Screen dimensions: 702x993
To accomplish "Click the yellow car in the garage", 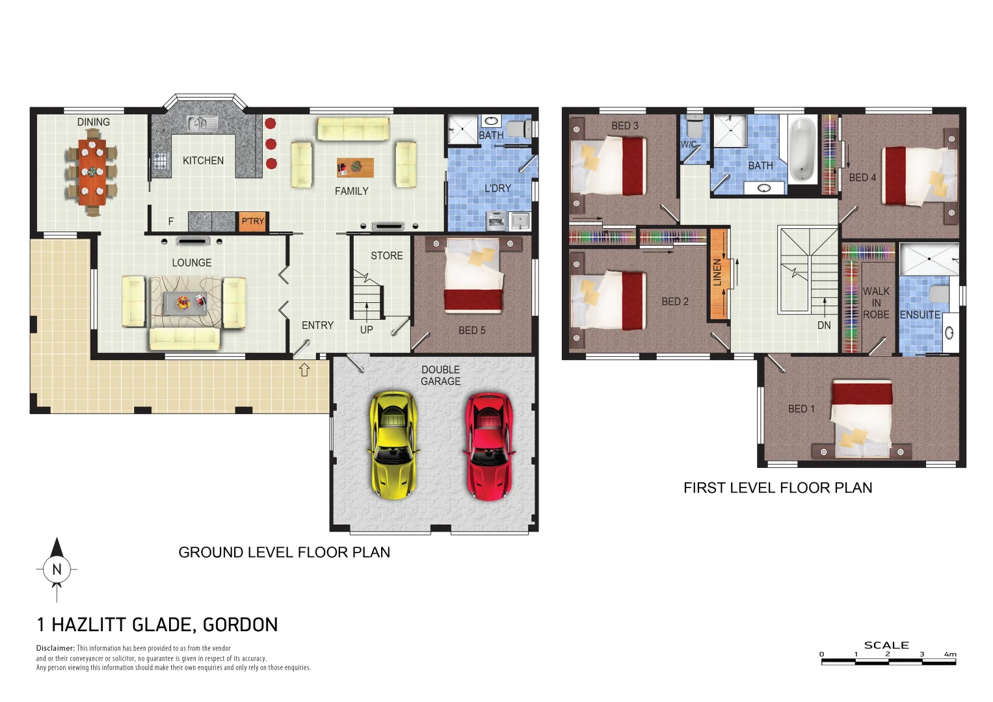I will (x=392, y=445).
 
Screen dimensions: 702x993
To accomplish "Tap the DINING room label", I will (x=93, y=122).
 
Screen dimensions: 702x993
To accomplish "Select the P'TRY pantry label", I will (x=253, y=221).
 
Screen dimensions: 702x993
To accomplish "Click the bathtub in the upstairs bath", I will (x=802, y=149).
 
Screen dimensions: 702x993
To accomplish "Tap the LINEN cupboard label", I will (x=717, y=272).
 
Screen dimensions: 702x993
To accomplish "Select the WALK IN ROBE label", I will (x=875, y=303).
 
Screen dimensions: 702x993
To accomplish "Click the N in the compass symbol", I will (x=57, y=569).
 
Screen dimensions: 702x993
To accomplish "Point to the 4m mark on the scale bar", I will (x=950, y=655).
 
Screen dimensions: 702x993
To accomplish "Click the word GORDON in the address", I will (x=240, y=625).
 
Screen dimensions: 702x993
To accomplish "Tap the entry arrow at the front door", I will (x=304, y=370).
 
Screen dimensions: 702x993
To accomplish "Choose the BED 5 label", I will (x=471, y=330).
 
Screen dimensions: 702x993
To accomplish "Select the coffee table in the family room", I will (x=355, y=168).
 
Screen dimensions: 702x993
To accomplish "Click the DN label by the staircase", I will (x=824, y=325).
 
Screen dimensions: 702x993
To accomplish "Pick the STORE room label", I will (x=386, y=255).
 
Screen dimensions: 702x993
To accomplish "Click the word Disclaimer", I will (x=55, y=648).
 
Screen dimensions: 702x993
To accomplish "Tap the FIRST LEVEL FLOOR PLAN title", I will (x=778, y=487).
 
